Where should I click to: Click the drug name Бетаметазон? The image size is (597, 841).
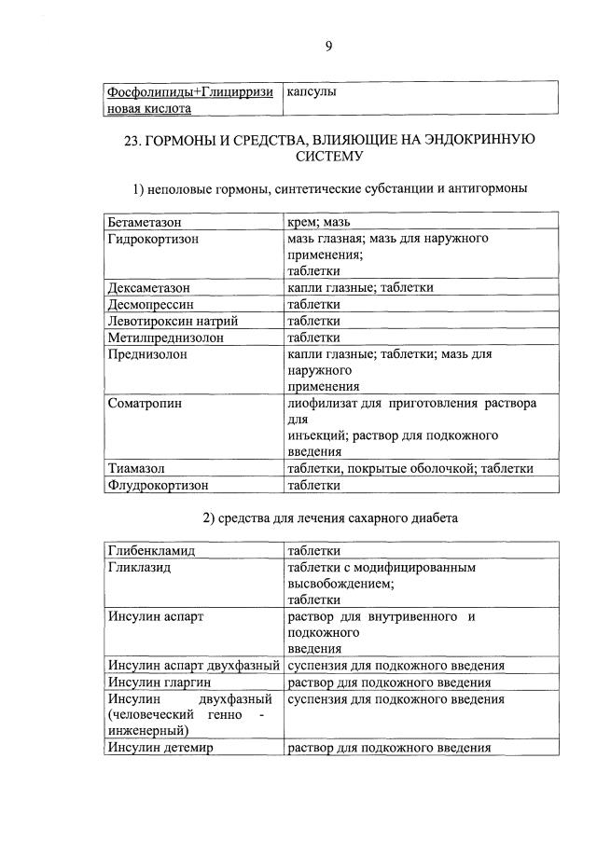(145, 223)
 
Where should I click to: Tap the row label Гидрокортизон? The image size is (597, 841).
(153, 239)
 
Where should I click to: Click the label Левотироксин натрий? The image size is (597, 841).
(165, 321)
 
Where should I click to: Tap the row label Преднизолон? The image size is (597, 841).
(147, 354)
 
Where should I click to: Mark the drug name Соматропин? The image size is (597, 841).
(146, 404)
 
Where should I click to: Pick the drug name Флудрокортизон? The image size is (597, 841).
(157, 485)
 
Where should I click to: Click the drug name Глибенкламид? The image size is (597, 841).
(150, 550)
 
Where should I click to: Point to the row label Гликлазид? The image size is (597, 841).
(139, 567)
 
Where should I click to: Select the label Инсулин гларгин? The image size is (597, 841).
(156, 682)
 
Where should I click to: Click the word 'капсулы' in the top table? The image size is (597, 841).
(312, 92)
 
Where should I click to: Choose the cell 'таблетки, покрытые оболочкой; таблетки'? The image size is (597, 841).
(410, 468)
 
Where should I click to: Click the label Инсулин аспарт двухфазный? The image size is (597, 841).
(194, 666)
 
